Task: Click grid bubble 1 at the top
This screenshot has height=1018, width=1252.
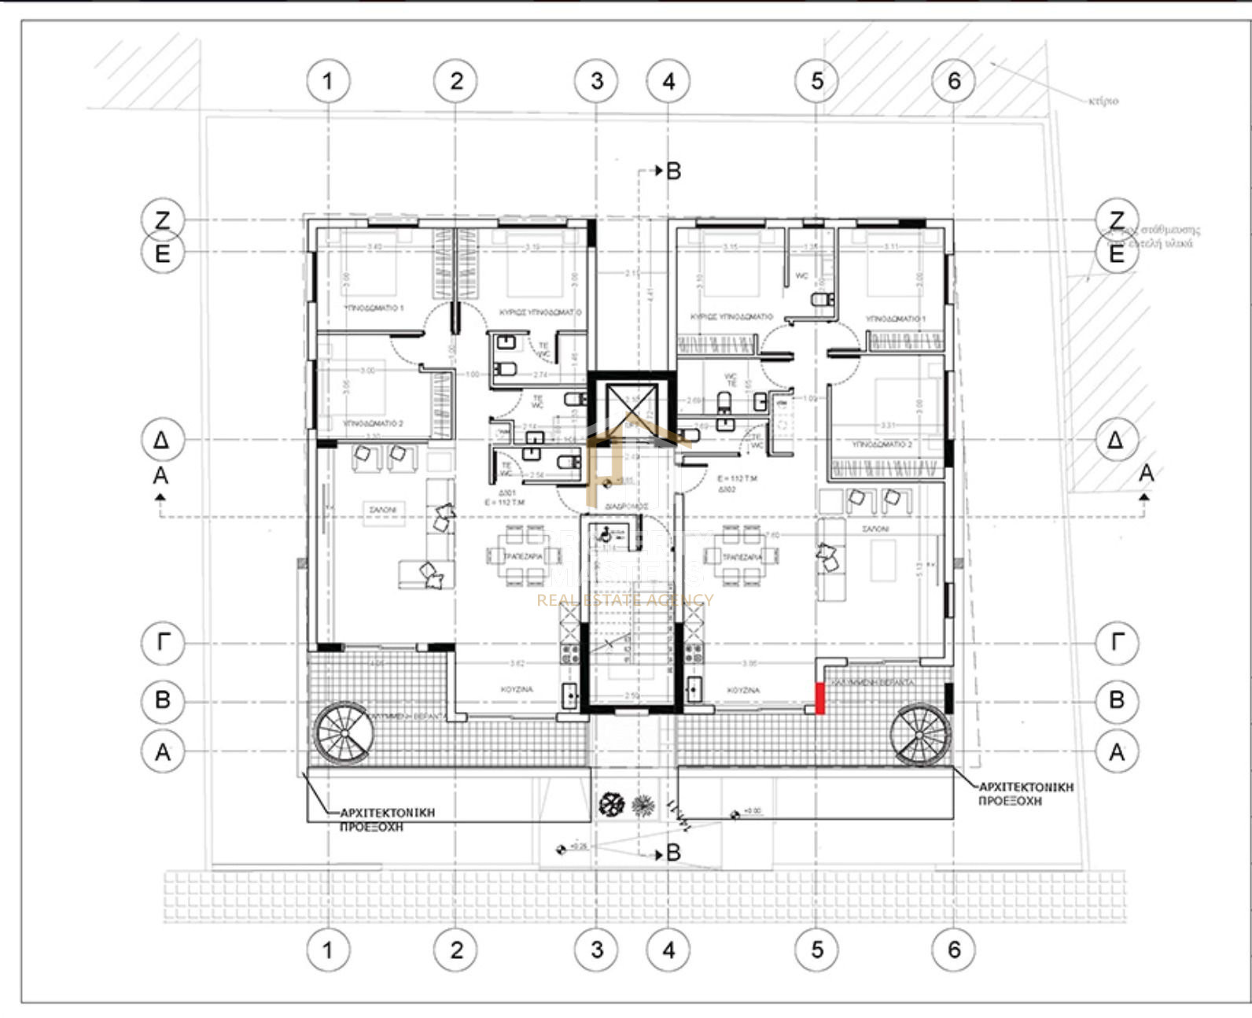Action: coord(328,81)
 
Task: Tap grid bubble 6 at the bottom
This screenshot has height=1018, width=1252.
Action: coord(954,950)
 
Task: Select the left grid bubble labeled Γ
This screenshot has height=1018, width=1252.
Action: coord(163,643)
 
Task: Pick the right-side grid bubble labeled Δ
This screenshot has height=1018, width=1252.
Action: coord(1116,440)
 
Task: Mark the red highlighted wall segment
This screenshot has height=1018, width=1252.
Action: coord(820,698)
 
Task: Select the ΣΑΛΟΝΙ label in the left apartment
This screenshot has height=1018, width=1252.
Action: coord(383,510)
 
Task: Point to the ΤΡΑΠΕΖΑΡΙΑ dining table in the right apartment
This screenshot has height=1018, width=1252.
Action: coord(742,556)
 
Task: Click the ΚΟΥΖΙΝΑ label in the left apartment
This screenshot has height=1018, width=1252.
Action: coord(517,689)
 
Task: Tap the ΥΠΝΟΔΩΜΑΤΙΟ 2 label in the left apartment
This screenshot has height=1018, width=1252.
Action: coord(374,424)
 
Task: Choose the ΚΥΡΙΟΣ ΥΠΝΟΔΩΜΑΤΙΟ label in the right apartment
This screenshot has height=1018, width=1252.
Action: coord(731,316)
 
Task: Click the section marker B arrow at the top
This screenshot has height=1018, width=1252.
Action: coord(668,171)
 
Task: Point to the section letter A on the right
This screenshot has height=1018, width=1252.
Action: coord(1146,474)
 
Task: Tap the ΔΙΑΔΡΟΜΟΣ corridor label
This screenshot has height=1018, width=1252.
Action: coord(627,507)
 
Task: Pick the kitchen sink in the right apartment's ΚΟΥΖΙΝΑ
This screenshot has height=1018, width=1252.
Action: coord(694,689)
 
